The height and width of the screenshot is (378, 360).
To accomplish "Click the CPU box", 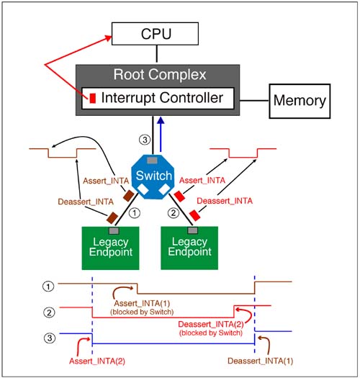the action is tap(155, 34).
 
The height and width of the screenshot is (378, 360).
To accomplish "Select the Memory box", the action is tap(300, 101).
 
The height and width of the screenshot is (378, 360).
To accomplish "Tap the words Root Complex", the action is tap(160, 74).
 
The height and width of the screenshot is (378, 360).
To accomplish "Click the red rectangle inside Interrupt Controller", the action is tap(93, 99).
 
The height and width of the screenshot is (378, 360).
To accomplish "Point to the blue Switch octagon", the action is tap(153, 176).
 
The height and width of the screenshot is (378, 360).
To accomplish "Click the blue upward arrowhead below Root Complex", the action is tap(161, 121).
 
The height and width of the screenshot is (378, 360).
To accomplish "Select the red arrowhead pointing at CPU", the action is tap(109, 37).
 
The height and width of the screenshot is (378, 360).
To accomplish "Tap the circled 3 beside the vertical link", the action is tap(145, 140).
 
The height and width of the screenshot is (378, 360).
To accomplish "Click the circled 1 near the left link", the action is tap(135, 213).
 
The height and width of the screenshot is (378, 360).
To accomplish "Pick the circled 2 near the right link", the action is tap(174, 213).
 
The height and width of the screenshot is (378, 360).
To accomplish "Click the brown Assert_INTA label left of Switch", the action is tap(106, 181).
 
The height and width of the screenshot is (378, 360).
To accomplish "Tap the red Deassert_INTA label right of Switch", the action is tap(225, 201).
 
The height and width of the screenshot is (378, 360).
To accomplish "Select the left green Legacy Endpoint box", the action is tap(110, 248).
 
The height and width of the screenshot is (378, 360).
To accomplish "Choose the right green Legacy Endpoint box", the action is tap(189, 248).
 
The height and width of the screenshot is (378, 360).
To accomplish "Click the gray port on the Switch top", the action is tap(152, 161).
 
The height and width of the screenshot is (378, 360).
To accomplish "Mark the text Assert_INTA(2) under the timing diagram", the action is tap(97, 361).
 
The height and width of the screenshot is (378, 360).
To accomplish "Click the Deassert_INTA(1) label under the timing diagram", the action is tap(261, 361).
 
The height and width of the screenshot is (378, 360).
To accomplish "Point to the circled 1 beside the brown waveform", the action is tap(48, 287).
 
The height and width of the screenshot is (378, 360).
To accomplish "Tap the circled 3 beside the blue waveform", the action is tap(50, 338).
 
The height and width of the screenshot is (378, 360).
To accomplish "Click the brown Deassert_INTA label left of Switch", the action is tap(86, 202).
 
